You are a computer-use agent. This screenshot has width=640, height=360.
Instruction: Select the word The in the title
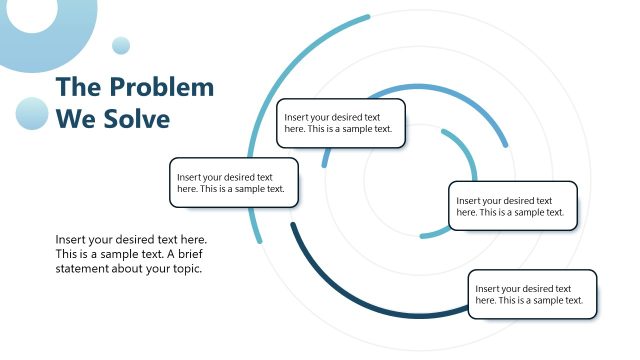point(77,87)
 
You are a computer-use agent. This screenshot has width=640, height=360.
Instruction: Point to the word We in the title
point(75,119)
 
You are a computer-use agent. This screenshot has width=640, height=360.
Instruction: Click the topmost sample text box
point(341,123)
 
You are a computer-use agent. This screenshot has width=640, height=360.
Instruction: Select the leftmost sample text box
point(234,182)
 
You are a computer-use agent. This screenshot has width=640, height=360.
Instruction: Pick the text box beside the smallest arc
point(512,205)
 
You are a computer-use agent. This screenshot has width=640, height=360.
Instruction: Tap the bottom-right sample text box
point(532,294)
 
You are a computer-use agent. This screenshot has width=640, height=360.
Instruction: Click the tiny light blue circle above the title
point(121,45)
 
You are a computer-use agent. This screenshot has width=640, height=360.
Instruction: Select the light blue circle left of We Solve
point(32,114)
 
